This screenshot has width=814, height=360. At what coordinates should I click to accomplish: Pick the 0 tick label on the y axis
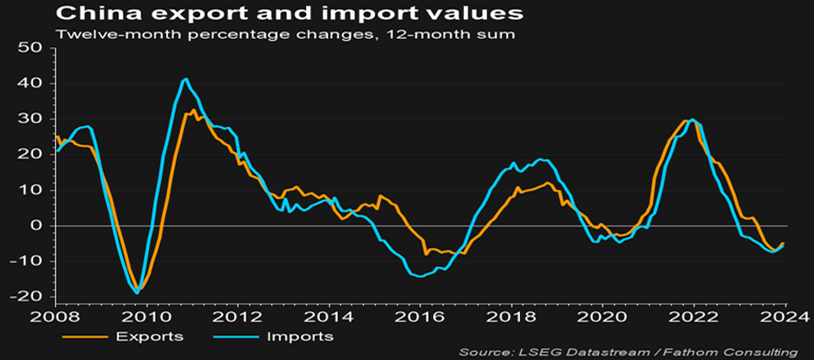coord(38,226)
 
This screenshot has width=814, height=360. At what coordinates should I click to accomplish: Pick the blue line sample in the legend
coord(236,335)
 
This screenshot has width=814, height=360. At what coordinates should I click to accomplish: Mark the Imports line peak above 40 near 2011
coord(186,79)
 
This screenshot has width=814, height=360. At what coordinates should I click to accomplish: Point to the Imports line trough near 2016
coord(420,277)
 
